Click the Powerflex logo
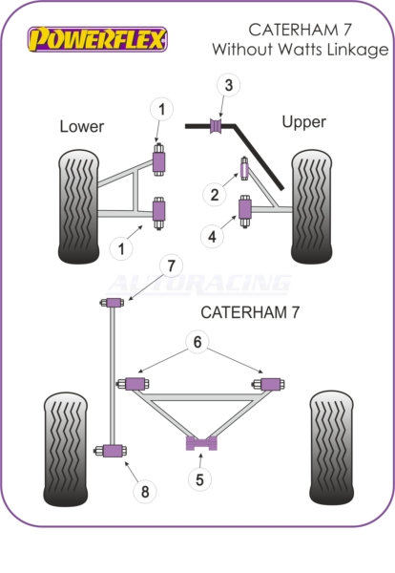point(97,39)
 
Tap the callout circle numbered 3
point(229,85)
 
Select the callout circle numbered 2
point(215,195)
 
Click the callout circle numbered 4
point(212,237)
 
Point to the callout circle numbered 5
point(199,479)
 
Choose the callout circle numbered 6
point(197,342)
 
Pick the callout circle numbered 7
point(171,265)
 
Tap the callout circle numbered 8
point(145,492)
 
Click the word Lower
point(82,126)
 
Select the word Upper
point(303,122)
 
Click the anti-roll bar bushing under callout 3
point(217,126)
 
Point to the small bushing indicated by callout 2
point(244,168)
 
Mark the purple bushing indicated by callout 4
point(245,211)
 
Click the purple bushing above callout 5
point(201,443)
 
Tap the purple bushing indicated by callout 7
point(113,303)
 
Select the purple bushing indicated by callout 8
point(111,451)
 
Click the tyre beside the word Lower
point(78,206)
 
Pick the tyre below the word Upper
point(311,206)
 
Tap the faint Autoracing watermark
point(199,284)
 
